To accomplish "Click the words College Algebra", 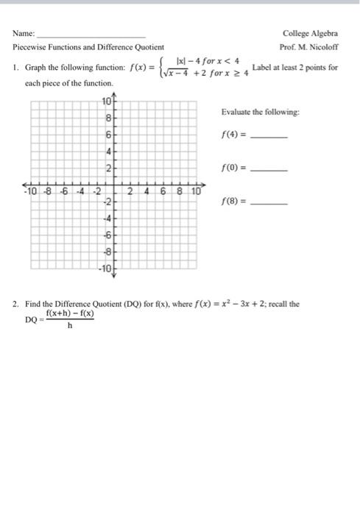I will click(x=310, y=33).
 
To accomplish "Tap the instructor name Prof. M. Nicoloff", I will click(x=309, y=46).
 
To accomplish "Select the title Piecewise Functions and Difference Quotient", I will click(x=88, y=46).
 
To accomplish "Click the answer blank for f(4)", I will click(x=269, y=137).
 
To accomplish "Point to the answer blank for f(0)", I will click(x=269, y=168).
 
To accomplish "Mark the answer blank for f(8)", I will click(x=269, y=200).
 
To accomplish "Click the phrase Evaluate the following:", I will click(x=260, y=112).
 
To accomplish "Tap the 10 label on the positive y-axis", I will click(x=107, y=101).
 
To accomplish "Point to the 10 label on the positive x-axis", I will click(x=197, y=191).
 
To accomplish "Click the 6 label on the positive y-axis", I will click(x=108, y=134).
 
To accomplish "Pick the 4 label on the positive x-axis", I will click(x=147, y=191).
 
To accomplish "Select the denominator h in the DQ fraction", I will click(x=69, y=327).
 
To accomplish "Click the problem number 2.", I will click(x=15, y=303).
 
